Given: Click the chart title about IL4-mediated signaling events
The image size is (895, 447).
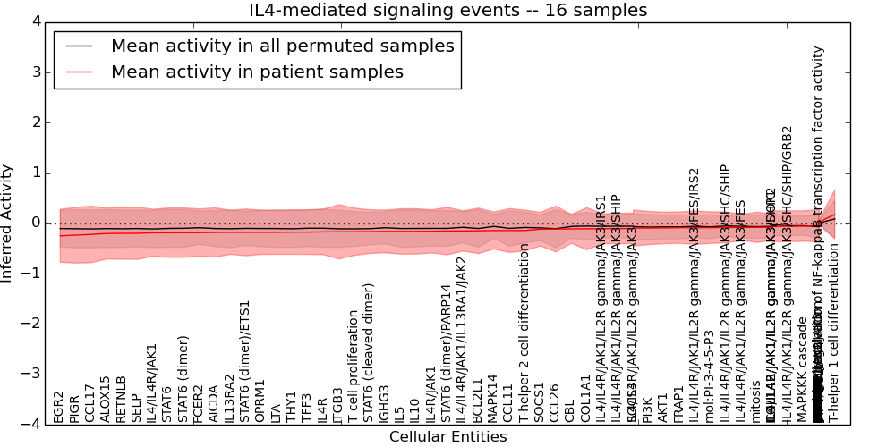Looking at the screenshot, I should click(447, 11).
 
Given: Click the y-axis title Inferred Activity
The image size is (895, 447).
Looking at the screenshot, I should click(8, 223).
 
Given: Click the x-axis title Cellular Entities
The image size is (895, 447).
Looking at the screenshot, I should click(447, 436).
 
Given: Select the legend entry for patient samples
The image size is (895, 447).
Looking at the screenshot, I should click(256, 72).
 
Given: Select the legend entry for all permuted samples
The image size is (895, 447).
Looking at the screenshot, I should click(282, 46).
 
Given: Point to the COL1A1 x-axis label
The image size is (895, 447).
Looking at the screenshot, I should click(585, 399).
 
